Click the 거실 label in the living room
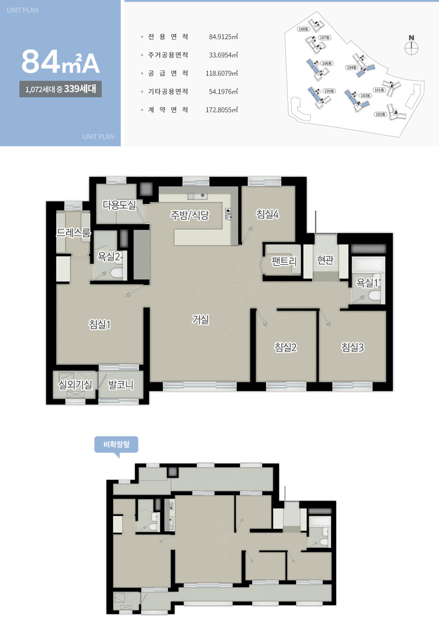[200, 320]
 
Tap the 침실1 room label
[100, 324]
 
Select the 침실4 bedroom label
[267, 214]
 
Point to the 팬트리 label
[284, 261]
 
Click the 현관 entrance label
[325, 260]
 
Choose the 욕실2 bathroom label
[109, 257]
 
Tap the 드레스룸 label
[74, 233]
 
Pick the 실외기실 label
[75, 384]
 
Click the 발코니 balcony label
[121, 385]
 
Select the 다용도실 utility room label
[119, 205]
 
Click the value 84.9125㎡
[223, 37]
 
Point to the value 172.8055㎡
[222, 110]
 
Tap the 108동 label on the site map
[304, 29]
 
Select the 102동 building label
[380, 114]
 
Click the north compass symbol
[412, 45]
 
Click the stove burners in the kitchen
[228, 214]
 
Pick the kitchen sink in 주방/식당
[197, 196]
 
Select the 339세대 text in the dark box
[80, 89]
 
